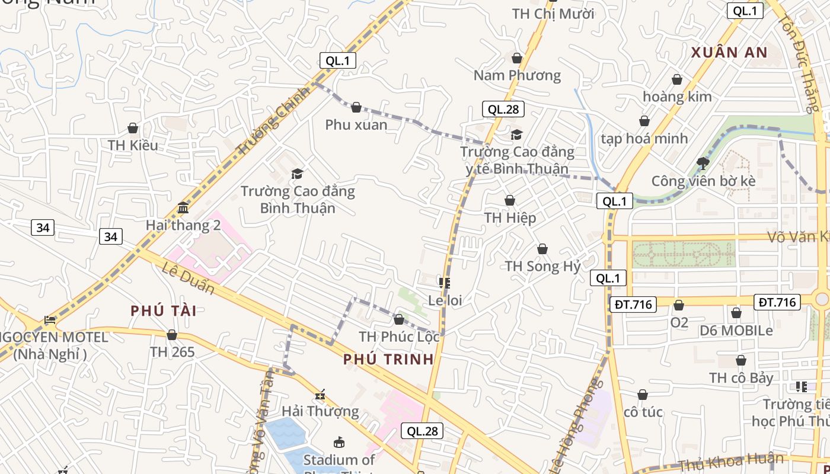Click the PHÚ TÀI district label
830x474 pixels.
pyautogui.click(x=163, y=310)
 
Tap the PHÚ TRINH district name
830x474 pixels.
pyautogui.click(x=388, y=359)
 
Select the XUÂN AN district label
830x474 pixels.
pyautogui.click(x=729, y=52)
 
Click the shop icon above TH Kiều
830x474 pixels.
pyautogui.click(x=133, y=128)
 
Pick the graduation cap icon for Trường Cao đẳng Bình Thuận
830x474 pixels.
pyautogui.click(x=297, y=174)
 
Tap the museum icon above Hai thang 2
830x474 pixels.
pyautogui.click(x=183, y=208)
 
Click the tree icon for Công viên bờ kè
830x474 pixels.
pyautogui.click(x=703, y=163)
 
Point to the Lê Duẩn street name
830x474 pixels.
pyautogui.click(x=188, y=277)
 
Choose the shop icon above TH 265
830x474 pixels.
pyautogui.click(x=172, y=335)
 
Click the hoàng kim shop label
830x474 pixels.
pyautogui.click(x=677, y=97)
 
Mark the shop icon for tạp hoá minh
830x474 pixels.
pyautogui.click(x=644, y=121)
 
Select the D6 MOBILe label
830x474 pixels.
pyautogui.click(x=736, y=331)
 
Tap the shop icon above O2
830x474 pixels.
pyautogui.click(x=679, y=305)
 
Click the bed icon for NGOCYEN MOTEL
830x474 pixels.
pyautogui.click(x=50, y=320)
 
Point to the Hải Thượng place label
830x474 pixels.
pyautogui.click(x=320, y=411)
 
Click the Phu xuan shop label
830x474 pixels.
pyautogui.click(x=356, y=125)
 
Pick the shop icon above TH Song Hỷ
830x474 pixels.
pyautogui.click(x=542, y=249)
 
